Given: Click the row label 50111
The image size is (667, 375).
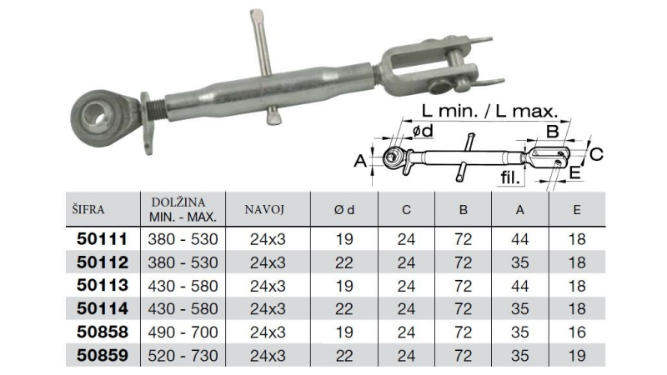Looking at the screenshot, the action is (102, 239).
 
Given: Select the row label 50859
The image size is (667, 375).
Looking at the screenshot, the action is (102, 356).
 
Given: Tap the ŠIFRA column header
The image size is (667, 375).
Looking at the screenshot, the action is (88, 209).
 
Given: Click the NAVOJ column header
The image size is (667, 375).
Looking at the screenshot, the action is (264, 209).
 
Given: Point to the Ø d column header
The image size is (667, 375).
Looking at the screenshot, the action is (344, 210).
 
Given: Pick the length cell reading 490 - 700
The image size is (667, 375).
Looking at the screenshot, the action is (183, 332).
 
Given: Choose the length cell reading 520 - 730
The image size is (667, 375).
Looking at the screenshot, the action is (183, 356).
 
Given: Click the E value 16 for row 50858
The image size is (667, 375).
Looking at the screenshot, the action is (577, 332).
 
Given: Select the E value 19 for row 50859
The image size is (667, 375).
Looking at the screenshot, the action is (577, 356).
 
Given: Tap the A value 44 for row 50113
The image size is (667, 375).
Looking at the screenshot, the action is (519, 286).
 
